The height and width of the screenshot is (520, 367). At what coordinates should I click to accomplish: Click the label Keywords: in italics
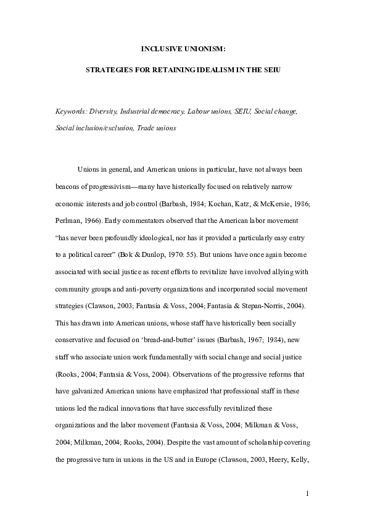(70, 112)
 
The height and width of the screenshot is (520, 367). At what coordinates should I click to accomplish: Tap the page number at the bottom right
(307, 494)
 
